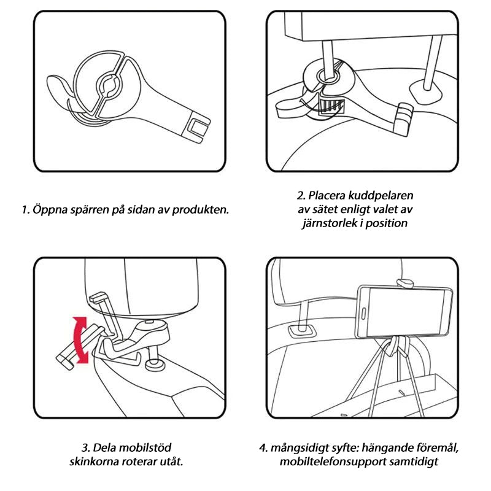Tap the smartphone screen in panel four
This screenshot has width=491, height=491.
tap(406, 312)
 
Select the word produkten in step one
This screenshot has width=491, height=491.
tap(201, 209)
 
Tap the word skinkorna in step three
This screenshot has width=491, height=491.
tap(94, 462)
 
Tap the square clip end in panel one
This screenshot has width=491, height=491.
tap(198, 128)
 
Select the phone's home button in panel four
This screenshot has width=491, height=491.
tap(363, 314)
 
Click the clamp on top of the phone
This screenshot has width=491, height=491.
tap(406, 284)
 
